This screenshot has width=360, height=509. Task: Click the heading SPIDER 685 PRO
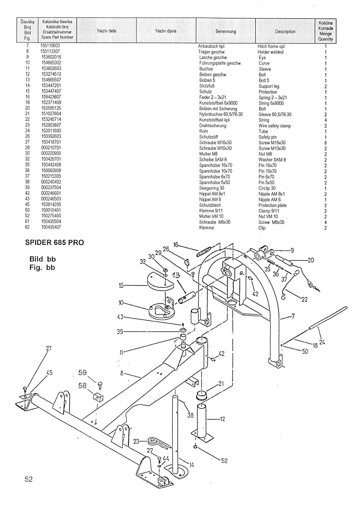pos(54,243)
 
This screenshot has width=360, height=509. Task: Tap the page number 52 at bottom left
pos(29,479)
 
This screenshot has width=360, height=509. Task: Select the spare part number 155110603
pos(50,46)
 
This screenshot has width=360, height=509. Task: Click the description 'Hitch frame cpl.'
pos(271,47)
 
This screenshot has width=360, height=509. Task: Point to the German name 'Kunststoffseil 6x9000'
pos(218,103)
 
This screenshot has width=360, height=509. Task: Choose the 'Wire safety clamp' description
pos(275,126)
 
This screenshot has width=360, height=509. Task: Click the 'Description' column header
pos(285,31)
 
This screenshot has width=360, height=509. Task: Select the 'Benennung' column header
pos(225,31)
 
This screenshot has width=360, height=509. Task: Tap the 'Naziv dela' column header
pos(106,31)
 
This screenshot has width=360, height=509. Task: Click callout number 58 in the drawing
pos(82,386)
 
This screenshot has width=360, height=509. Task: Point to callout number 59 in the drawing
pos(83,372)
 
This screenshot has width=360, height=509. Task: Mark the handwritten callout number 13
pos(176,275)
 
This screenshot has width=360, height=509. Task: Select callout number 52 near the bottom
pos(224,461)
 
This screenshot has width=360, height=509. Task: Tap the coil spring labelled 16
pos(203,252)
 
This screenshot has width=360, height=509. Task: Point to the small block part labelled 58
pos(98,397)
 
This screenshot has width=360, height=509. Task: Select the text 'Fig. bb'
pos(42,268)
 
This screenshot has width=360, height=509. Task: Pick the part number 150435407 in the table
pos(51,227)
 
